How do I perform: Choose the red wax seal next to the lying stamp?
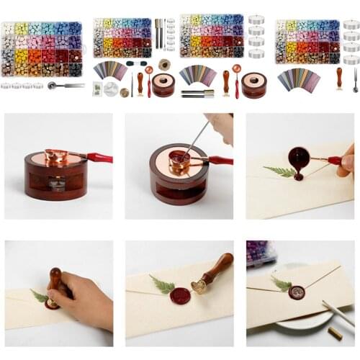coord(179,295)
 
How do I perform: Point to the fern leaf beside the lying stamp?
coord(162,285)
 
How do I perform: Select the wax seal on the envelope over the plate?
coord(296,292)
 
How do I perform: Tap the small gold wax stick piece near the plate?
coord(335,333)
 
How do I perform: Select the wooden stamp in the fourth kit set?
coord(339,77)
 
